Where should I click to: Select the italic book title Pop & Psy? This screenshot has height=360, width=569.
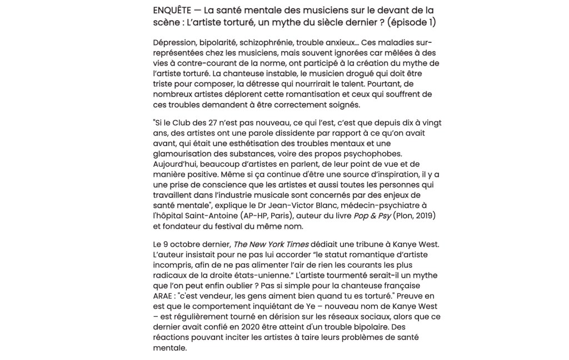pos(373,216)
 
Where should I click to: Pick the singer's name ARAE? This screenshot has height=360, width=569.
pos(164,296)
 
